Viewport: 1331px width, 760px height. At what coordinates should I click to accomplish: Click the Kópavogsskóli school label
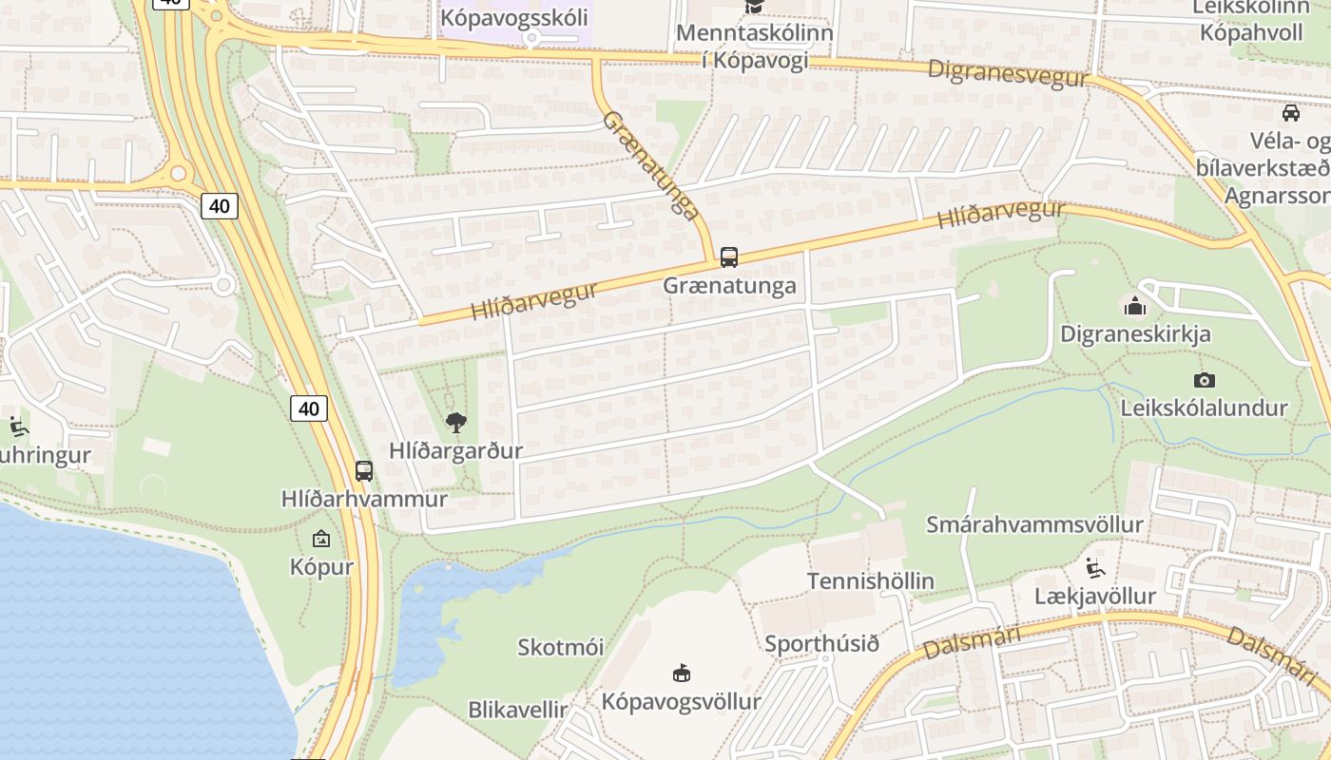click(x=514, y=17)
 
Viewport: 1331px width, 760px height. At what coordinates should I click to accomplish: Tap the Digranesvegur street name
click(x=1007, y=73)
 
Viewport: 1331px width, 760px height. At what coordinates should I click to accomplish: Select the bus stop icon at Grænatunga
click(x=729, y=256)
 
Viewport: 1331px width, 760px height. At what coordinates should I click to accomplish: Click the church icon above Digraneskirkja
click(x=1134, y=306)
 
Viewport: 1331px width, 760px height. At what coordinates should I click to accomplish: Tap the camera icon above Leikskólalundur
click(x=1205, y=380)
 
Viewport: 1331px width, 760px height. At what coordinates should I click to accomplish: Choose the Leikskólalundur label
click(x=1204, y=408)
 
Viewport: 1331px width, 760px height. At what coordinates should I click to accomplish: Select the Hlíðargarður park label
click(x=455, y=450)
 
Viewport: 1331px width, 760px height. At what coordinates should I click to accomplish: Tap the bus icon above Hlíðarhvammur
click(x=364, y=470)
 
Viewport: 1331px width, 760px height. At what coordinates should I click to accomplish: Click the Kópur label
click(x=321, y=567)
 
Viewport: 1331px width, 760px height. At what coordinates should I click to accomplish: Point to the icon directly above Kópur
click(x=321, y=539)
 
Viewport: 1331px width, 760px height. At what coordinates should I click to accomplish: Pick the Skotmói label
click(x=560, y=647)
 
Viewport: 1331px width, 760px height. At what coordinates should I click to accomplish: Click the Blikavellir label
click(x=517, y=710)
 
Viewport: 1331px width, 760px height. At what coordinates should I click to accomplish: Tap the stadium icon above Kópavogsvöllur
click(x=682, y=674)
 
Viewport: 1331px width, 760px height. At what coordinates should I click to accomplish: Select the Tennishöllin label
click(x=870, y=580)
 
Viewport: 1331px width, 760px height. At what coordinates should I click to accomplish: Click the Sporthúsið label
click(x=821, y=643)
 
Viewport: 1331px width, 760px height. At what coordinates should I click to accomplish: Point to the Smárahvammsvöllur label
click(x=1034, y=524)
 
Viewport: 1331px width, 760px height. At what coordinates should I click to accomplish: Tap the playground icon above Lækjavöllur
click(x=1095, y=568)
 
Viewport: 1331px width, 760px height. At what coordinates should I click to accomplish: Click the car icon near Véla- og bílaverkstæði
click(x=1291, y=113)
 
